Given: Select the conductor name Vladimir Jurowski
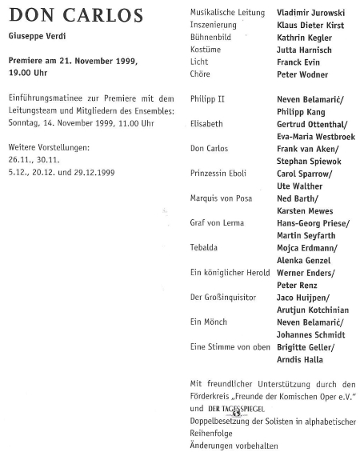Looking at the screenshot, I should pyautogui.click(x=310, y=14).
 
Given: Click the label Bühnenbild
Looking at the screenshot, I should pyautogui.click(x=211, y=38).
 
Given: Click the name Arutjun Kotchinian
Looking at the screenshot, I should pyautogui.click(x=314, y=309).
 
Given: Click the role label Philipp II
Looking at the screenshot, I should pyautogui.click(x=208, y=99).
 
